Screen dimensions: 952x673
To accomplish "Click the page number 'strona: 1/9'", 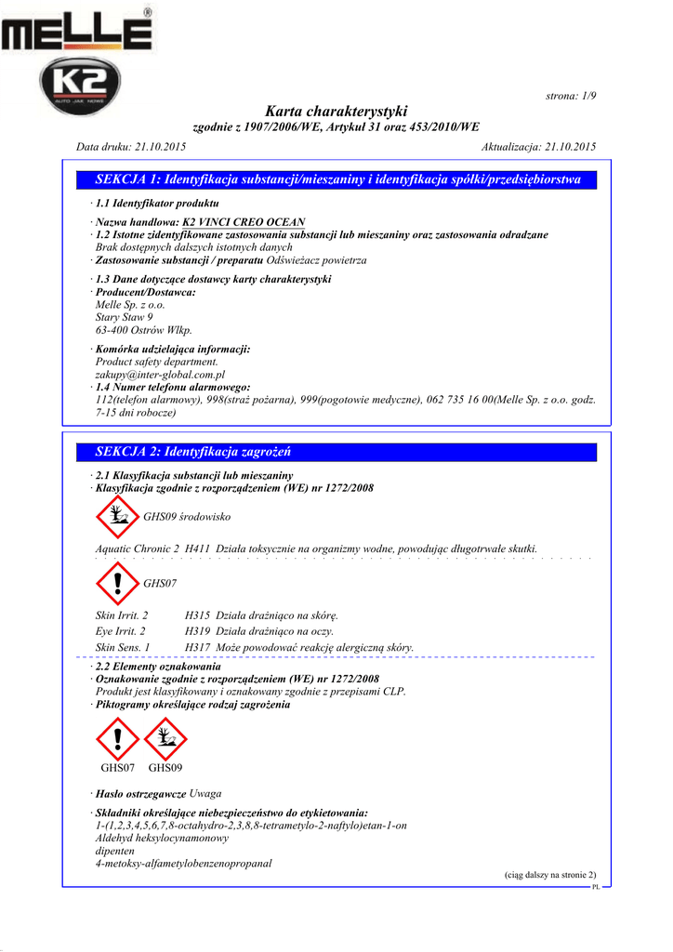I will coord(569,97).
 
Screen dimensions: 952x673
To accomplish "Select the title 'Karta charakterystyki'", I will coord(336,112).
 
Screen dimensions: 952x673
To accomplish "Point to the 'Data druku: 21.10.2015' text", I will coord(130,147).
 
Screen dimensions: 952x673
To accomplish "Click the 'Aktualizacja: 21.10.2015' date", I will coord(539,147).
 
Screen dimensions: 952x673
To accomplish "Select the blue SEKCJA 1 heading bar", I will coord(337,179).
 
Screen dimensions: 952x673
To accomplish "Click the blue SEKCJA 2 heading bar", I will coord(337,452).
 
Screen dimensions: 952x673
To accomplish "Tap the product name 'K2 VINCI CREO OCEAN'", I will coord(244,223).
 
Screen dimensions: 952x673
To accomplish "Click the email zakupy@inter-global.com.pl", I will coord(160,374).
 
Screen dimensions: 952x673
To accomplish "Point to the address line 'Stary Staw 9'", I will coord(125,317).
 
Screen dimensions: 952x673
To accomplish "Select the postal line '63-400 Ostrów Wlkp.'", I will coord(144,330).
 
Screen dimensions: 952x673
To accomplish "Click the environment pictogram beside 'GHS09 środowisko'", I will coord(116,516).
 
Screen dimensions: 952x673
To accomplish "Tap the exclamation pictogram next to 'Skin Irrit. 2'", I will coord(116,583).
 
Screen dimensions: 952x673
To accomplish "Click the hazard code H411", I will coord(197,549).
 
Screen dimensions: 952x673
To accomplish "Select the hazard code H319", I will coord(197,631).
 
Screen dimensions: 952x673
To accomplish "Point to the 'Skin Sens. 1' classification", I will coord(123,647).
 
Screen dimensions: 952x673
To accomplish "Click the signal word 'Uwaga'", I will coord(205,794).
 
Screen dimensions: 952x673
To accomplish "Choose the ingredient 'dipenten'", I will coord(115,851).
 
